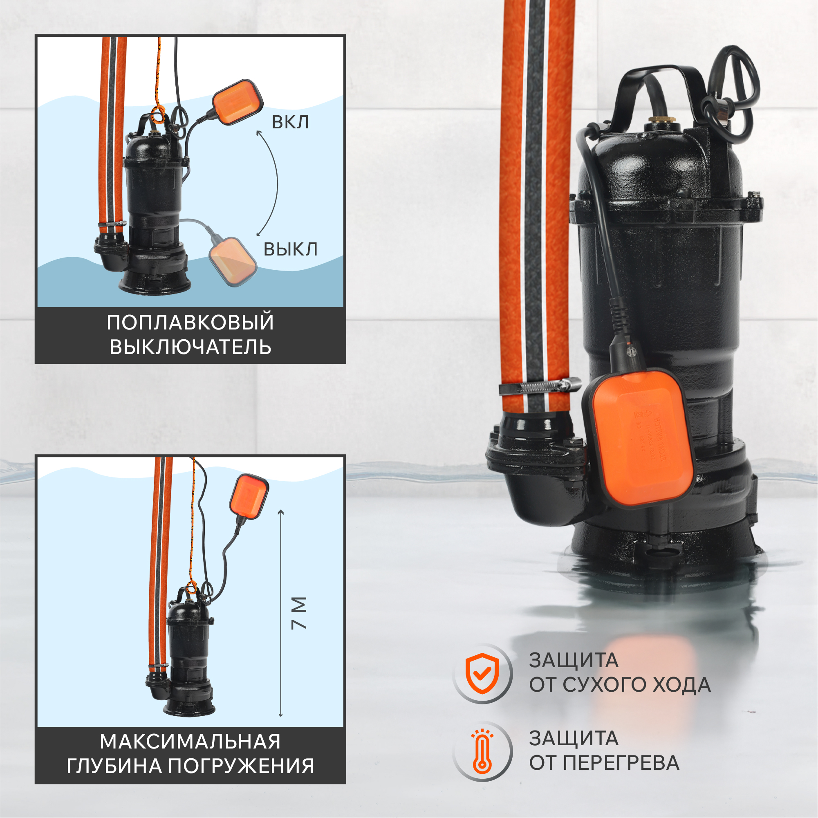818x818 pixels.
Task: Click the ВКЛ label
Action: click(x=290, y=122)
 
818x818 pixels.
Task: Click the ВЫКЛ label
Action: click(x=290, y=249)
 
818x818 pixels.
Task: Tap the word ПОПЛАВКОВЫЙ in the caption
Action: click(x=190, y=323)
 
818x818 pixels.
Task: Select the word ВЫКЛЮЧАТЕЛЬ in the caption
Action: click(x=190, y=347)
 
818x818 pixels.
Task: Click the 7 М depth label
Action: click(x=299, y=614)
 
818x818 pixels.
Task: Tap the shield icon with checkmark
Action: click(x=482, y=673)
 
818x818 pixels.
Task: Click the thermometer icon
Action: click(x=482, y=751)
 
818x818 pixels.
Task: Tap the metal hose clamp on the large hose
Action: click(x=540, y=386)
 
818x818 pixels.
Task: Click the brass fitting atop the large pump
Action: click(x=661, y=122)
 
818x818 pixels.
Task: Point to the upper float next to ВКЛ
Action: click(x=237, y=102)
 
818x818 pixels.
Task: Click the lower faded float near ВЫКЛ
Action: click(x=233, y=261)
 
